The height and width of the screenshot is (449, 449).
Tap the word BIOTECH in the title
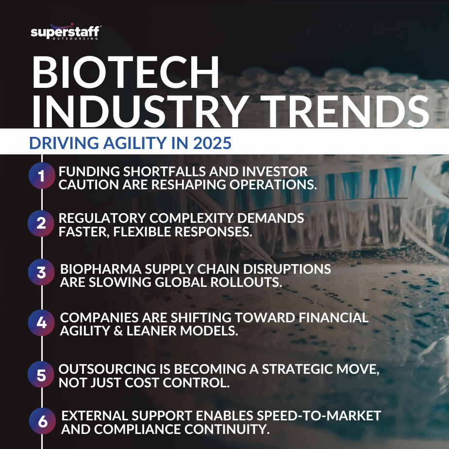tap(126, 73)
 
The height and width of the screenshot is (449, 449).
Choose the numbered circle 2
tap(42, 224)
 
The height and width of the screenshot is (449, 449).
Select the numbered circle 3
tap(42, 272)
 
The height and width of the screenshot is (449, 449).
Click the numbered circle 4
tap(42, 323)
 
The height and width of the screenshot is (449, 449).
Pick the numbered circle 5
tap(42, 374)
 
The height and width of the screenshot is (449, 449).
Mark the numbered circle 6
tap(43, 421)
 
